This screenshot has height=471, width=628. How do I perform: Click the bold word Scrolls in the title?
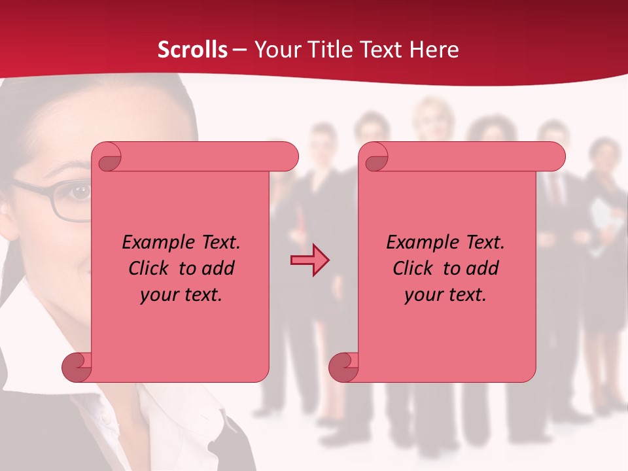coord(193,49)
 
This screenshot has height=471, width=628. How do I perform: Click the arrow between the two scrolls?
coord(309,260)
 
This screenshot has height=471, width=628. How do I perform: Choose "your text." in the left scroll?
coord(181,294)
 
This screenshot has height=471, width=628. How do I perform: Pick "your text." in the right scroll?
coord(445,294)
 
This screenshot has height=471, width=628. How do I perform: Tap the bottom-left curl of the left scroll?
coord(77,366)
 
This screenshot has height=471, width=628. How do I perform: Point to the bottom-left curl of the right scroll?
coord(344,366)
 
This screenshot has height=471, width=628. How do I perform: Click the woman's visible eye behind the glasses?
coord(80,192)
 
